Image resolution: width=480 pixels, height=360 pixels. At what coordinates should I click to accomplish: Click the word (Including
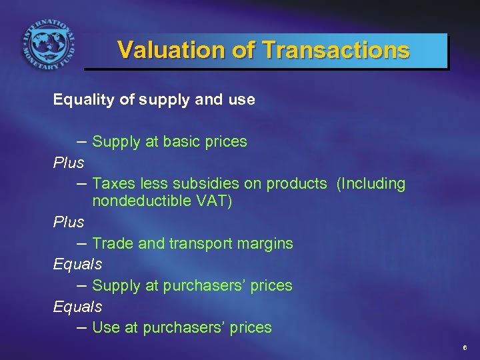coord(371,184)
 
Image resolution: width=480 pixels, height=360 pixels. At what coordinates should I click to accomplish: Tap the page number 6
coord(465,349)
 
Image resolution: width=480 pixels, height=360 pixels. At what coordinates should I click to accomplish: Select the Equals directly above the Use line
coord(77,307)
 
